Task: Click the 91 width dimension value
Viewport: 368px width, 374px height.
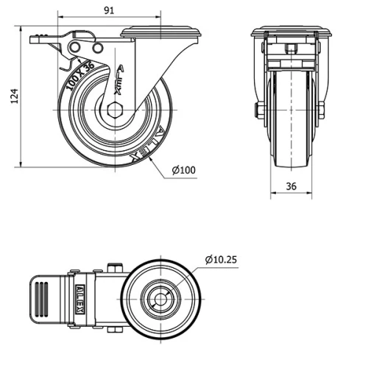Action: (108, 10)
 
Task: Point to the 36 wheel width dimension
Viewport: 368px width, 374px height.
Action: (291, 187)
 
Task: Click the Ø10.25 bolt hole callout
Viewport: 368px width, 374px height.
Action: (222, 259)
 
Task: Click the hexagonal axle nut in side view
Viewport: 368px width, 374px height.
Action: (113, 112)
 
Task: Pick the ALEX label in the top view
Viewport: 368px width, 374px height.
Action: (79, 297)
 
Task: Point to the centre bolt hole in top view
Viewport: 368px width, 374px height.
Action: (160, 299)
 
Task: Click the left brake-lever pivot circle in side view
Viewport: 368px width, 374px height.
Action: (76, 47)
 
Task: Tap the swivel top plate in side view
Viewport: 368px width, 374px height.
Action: (160, 31)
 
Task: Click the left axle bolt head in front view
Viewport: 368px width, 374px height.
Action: (260, 112)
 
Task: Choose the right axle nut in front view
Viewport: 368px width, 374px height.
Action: (322, 112)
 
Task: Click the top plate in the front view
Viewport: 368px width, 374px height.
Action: (291, 32)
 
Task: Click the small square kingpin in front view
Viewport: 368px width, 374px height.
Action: (291, 49)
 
